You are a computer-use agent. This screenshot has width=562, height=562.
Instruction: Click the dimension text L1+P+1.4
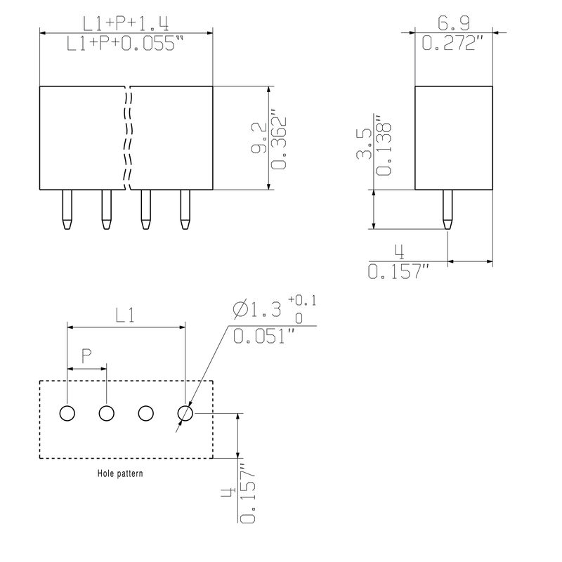point(126,24)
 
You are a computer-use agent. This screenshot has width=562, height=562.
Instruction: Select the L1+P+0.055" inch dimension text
point(125,44)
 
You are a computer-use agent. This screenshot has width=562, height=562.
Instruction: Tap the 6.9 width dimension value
point(453,23)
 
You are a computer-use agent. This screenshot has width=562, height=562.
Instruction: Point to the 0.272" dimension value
point(452,43)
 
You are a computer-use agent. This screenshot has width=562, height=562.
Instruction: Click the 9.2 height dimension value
point(259,138)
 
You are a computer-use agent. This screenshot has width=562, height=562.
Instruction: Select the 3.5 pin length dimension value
point(364,143)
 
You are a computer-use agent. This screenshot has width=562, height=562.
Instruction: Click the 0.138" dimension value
point(384,145)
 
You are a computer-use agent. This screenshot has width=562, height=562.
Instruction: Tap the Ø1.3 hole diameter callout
point(257,309)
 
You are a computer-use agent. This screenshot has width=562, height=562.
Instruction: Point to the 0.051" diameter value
point(264,336)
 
